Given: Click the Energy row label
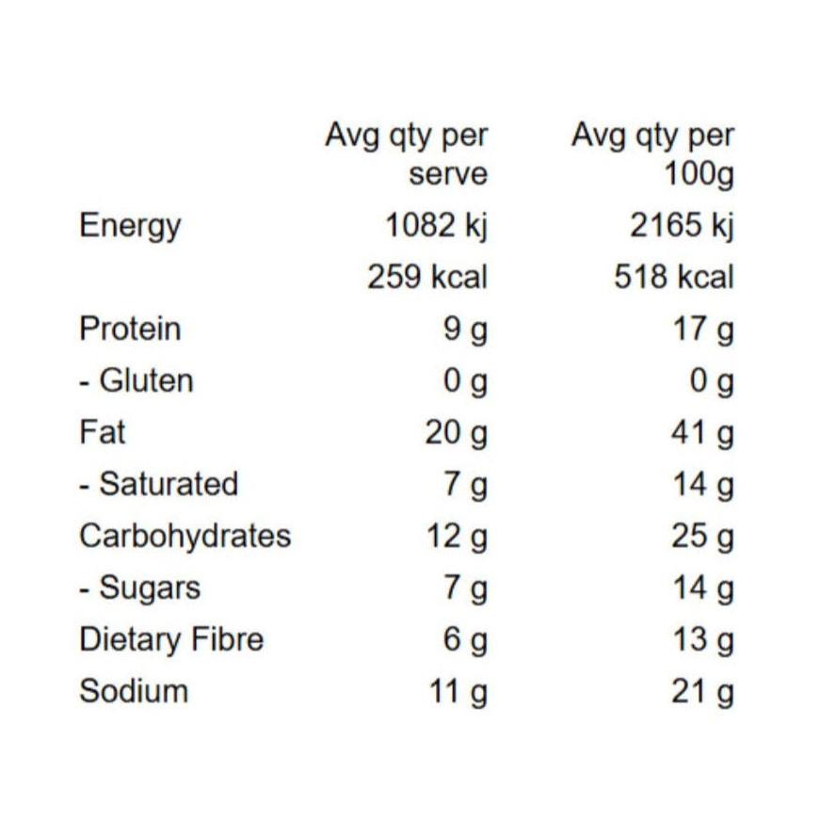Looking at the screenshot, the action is click(x=130, y=227).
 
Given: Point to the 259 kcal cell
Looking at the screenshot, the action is click(x=427, y=276).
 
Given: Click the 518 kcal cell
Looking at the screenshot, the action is click(x=673, y=276).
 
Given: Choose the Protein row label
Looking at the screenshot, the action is click(x=130, y=329).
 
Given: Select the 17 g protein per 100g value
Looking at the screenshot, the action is click(x=703, y=330).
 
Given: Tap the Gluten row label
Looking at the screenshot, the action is click(x=136, y=380).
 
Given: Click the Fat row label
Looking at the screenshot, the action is click(x=103, y=432).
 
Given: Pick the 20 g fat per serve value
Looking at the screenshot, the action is click(x=456, y=434).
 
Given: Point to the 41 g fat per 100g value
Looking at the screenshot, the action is click(x=702, y=434).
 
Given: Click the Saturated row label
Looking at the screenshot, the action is click(x=158, y=484).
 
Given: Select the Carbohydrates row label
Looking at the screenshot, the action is click(x=185, y=537).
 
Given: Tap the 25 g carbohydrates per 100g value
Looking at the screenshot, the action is click(x=702, y=538).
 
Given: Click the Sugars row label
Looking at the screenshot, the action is click(x=139, y=588).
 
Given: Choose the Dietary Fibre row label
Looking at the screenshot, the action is click(x=171, y=639).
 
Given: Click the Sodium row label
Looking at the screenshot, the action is click(x=134, y=691).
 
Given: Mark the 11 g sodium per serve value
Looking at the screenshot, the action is click(x=458, y=692).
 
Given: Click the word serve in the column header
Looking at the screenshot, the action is click(x=448, y=174).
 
